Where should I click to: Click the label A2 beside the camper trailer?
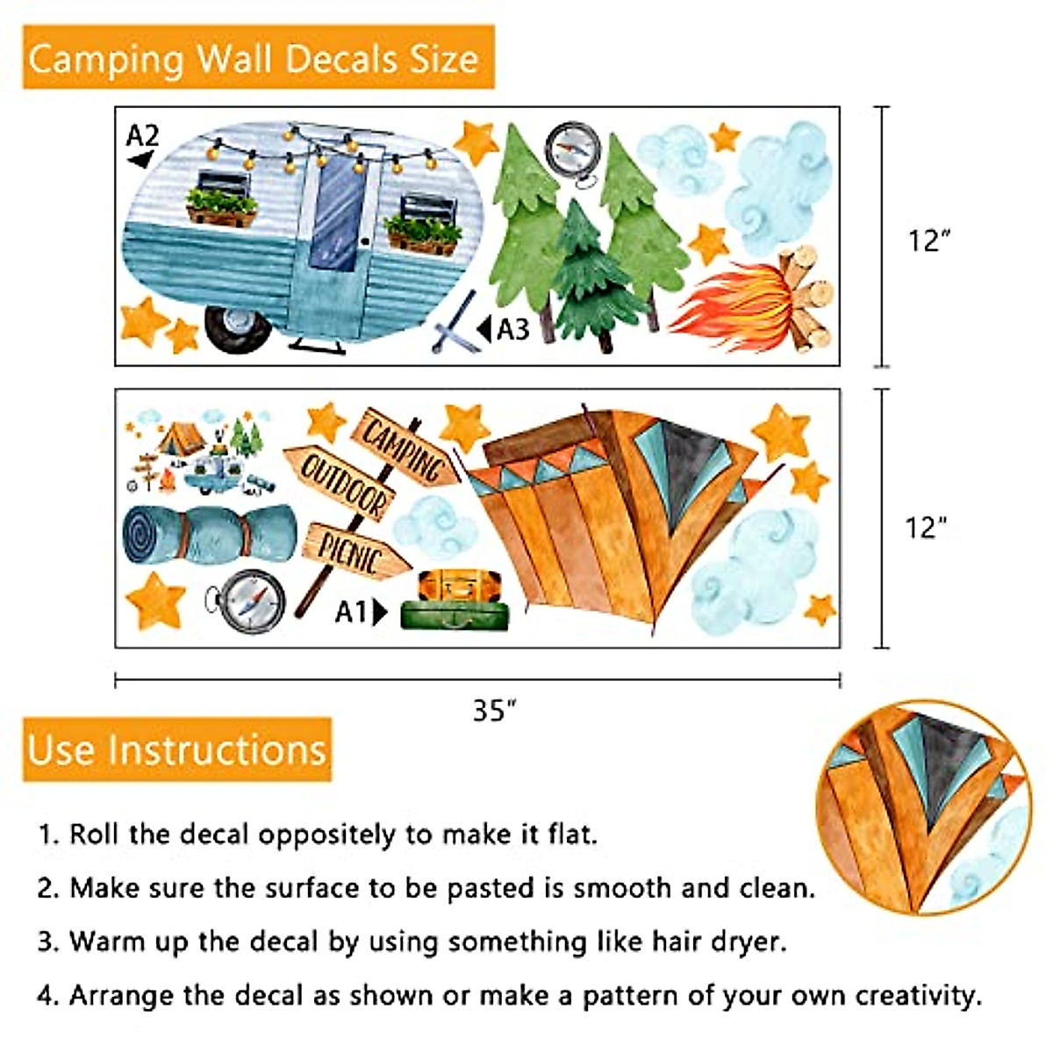[142, 137]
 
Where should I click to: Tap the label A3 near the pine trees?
[512, 329]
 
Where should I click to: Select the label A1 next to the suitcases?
[351, 612]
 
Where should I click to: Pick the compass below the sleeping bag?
[252, 602]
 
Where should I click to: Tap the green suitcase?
[455, 615]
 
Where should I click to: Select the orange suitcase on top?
[460, 585]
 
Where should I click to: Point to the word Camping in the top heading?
[106, 59]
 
